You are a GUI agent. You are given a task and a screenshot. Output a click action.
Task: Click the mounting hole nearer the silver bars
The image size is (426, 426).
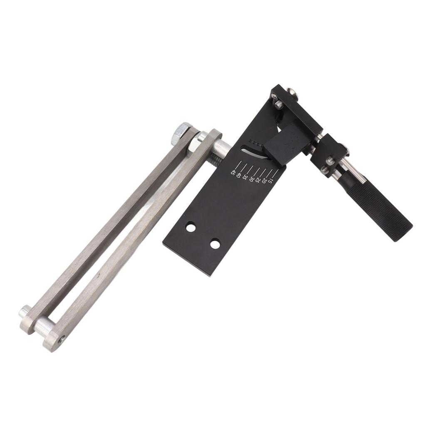[191, 228]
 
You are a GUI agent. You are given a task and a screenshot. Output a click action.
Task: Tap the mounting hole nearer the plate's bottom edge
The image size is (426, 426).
[215, 244]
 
